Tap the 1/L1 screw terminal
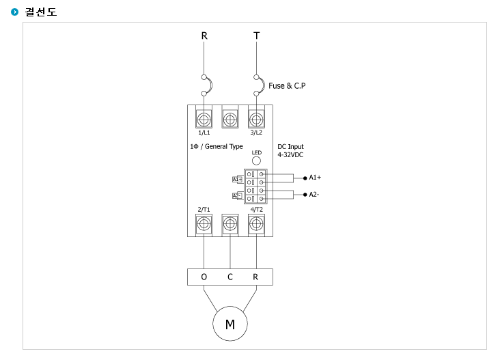pyautogui.click(x=204, y=120)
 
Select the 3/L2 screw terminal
pyautogui.click(x=256, y=120)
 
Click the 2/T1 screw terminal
pyautogui.click(x=204, y=224)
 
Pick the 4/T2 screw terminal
pyautogui.click(x=256, y=224)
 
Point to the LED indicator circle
pyautogui.click(x=256, y=161)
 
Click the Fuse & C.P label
pyautogui.click(x=287, y=86)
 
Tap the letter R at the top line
pyautogui.click(x=204, y=36)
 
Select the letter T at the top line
pyautogui.click(x=257, y=36)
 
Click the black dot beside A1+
pyautogui.click(x=305, y=178)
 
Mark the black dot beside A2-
pyautogui.click(x=305, y=195)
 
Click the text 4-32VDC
pyautogui.click(x=290, y=155)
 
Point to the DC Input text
pyautogui.click(x=290, y=147)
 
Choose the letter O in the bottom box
pyautogui.click(x=204, y=277)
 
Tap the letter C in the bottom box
pyautogui.click(x=230, y=277)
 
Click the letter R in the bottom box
pyautogui.click(x=255, y=277)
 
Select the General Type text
pyautogui.click(x=224, y=146)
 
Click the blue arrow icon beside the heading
pyautogui.click(x=14, y=12)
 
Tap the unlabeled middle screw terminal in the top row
pyautogui.click(x=230, y=120)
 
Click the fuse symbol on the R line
pyautogui.click(x=207, y=85)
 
